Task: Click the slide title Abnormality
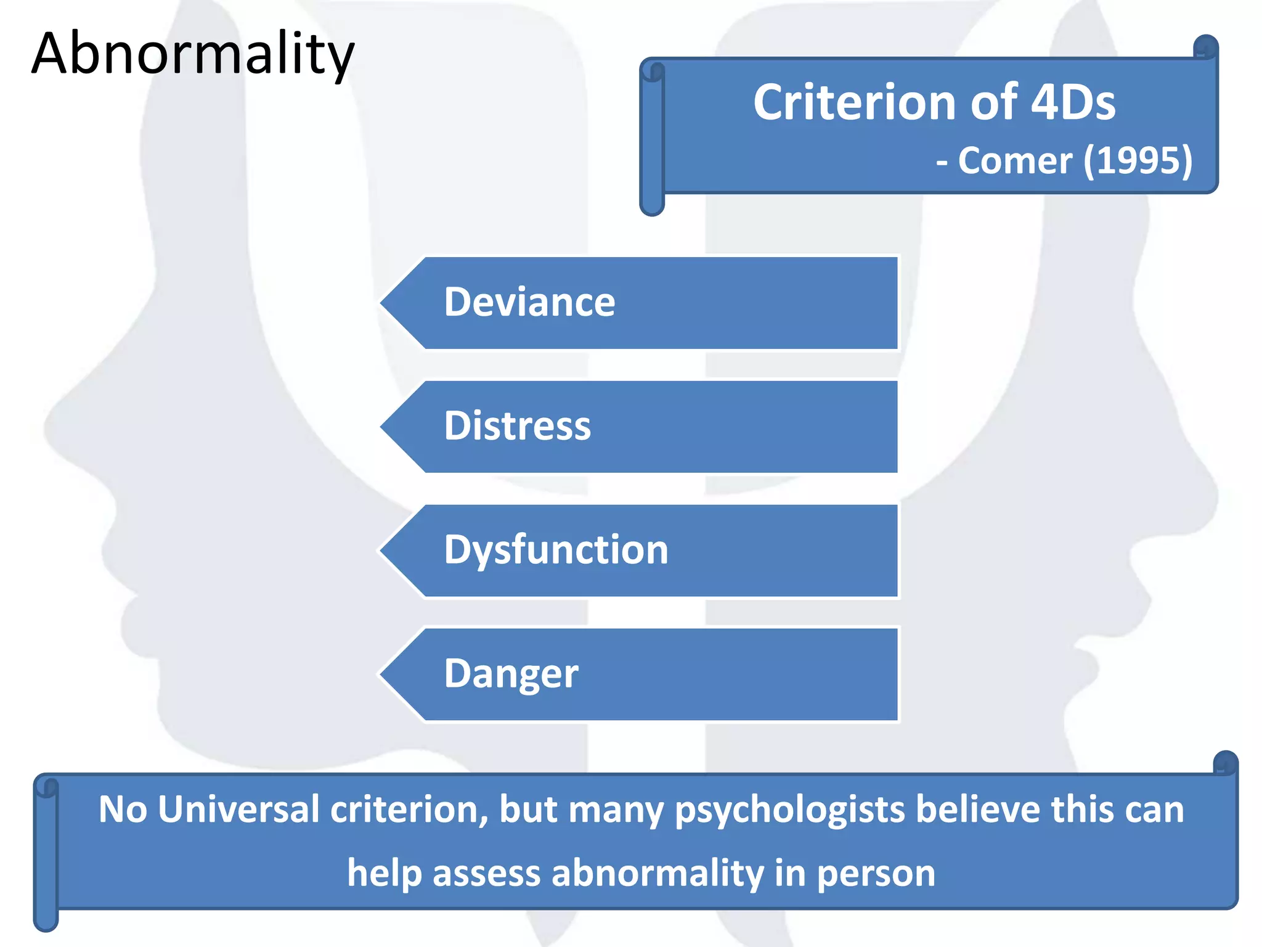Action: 192,54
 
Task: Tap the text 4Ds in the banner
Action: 1072,102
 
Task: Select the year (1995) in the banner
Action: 1138,162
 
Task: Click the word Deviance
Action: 529,302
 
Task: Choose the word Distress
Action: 517,426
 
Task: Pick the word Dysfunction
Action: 556,550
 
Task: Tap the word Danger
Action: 511,674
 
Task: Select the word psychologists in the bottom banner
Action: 789,810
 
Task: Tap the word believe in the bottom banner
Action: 978,809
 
